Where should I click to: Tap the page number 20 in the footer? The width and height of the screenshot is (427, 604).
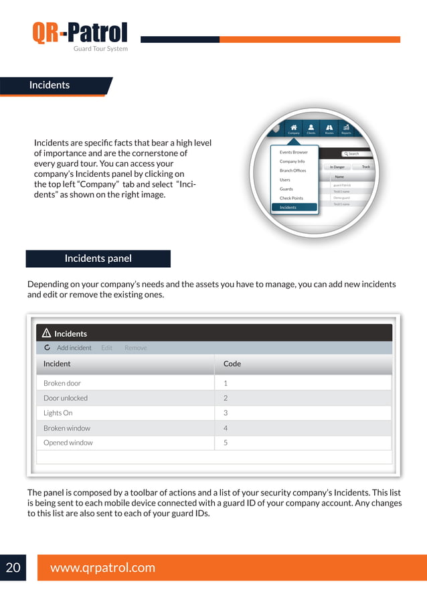[13, 568]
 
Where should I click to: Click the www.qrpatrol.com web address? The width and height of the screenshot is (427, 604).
[102, 568]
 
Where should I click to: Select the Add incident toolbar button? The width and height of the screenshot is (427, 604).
[74, 348]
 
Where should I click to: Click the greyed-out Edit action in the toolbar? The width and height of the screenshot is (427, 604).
[106, 348]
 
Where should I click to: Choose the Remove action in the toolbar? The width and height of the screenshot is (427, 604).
[135, 348]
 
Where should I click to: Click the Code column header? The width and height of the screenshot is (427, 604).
[232, 364]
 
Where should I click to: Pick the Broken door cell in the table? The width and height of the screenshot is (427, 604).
[62, 383]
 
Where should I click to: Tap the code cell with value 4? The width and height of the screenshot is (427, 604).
[226, 428]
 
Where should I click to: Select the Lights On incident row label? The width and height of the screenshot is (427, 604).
[58, 413]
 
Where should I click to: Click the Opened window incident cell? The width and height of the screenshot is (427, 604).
[68, 443]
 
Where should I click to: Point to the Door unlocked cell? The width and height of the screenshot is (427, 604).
[65, 398]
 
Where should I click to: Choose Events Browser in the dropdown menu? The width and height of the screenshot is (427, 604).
[293, 153]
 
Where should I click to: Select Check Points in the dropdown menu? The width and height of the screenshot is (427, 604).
[291, 198]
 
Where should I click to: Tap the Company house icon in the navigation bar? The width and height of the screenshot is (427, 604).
[294, 128]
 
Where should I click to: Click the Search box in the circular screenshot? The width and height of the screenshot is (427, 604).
[355, 153]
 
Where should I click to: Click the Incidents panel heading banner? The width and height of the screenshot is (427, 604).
[98, 258]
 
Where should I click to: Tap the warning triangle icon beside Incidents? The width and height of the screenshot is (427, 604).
[46, 333]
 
